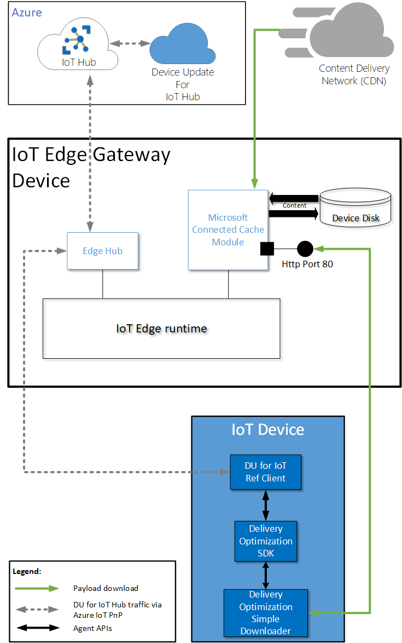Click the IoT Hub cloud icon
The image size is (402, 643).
click(x=78, y=47)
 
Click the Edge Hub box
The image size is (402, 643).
click(x=102, y=251)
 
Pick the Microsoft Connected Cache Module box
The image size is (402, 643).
click(x=228, y=229)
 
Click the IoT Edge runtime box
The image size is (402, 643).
click(x=161, y=329)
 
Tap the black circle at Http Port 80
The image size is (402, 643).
click(x=305, y=249)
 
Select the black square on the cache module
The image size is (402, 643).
click(x=267, y=249)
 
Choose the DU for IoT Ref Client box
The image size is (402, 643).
click(x=265, y=472)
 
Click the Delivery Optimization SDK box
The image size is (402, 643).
click(x=266, y=541)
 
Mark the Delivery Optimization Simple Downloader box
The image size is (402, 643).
click(x=265, y=613)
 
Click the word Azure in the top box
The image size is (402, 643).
click(x=27, y=12)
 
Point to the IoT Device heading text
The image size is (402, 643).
click(x=267, y=429)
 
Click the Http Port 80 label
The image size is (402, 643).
click(x=307, y=264)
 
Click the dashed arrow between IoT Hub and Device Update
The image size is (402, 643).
click(x=130, y=43)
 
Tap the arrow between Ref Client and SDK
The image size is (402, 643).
click(x=266, y=505)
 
